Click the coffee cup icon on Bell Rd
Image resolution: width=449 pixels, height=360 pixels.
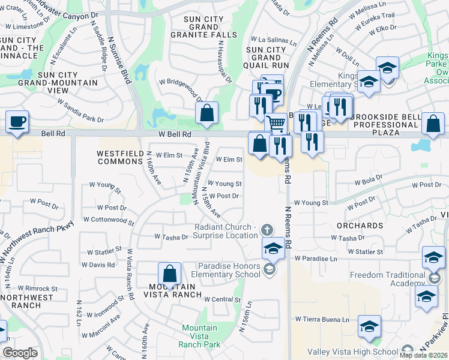point(17,122)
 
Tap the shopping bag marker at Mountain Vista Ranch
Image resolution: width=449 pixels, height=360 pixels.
point(170,274)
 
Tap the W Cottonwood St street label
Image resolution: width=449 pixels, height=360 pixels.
point(109,220)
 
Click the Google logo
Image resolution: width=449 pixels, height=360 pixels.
point(20,353)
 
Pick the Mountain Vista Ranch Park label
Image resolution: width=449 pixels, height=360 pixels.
point(199,336)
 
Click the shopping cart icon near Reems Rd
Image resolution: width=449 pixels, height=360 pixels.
point(276,124)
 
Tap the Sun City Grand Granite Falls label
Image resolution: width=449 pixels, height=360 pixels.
point(205,27)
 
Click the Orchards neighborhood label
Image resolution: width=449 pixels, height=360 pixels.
point(360,226)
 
